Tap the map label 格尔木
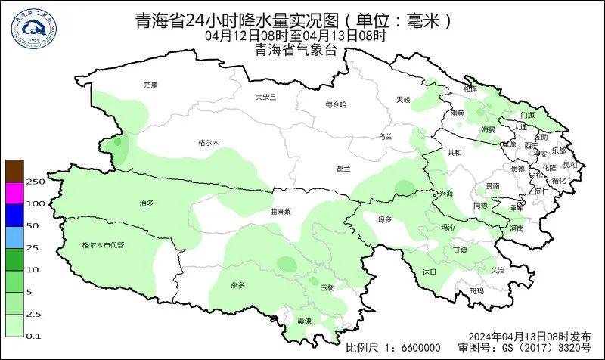point(207,142)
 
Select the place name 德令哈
point(335,104)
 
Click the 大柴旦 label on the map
point(265,97)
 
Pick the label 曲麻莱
point(281,213)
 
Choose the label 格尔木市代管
point(103,245)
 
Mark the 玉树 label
point(327,287)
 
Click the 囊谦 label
point(304,321)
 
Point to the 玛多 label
point(385,219)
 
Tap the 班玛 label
point(476,290)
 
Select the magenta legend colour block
point(14,193)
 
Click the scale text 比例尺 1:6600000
point(392,347)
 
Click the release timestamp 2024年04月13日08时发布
point(529,336)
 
